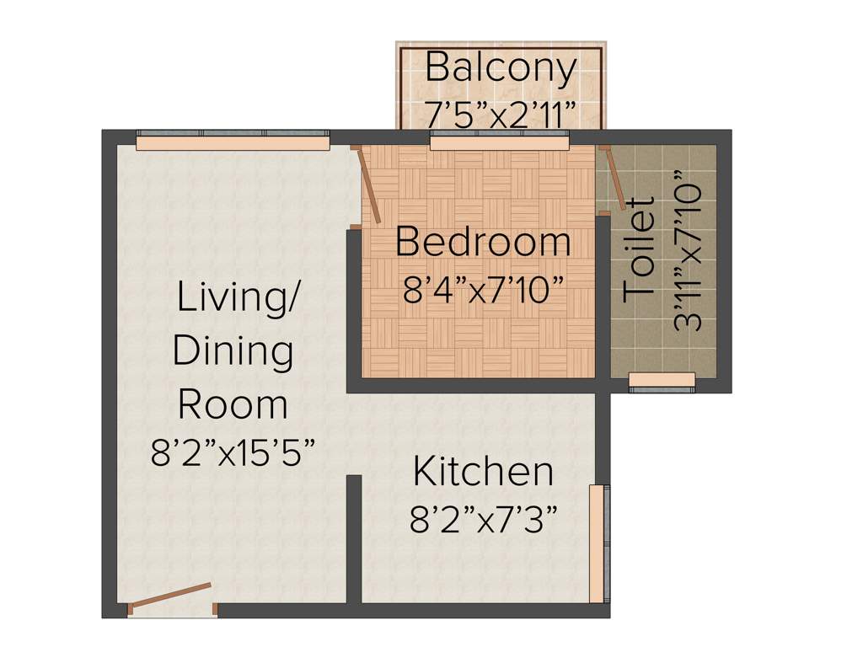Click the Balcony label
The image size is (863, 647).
coord(501,67)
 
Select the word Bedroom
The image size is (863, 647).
coord(483,243)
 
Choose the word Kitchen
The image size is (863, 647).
coord(483,472)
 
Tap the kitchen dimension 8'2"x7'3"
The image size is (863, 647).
coord(483,521)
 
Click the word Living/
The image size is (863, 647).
coord(237,298)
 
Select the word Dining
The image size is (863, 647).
coord(233,351)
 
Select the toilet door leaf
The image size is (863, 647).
coord(613,179)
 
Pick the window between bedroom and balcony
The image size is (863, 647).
coord(500,142)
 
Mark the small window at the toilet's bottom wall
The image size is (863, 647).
coord(662,382)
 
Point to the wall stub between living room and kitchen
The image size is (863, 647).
coord(354,539)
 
